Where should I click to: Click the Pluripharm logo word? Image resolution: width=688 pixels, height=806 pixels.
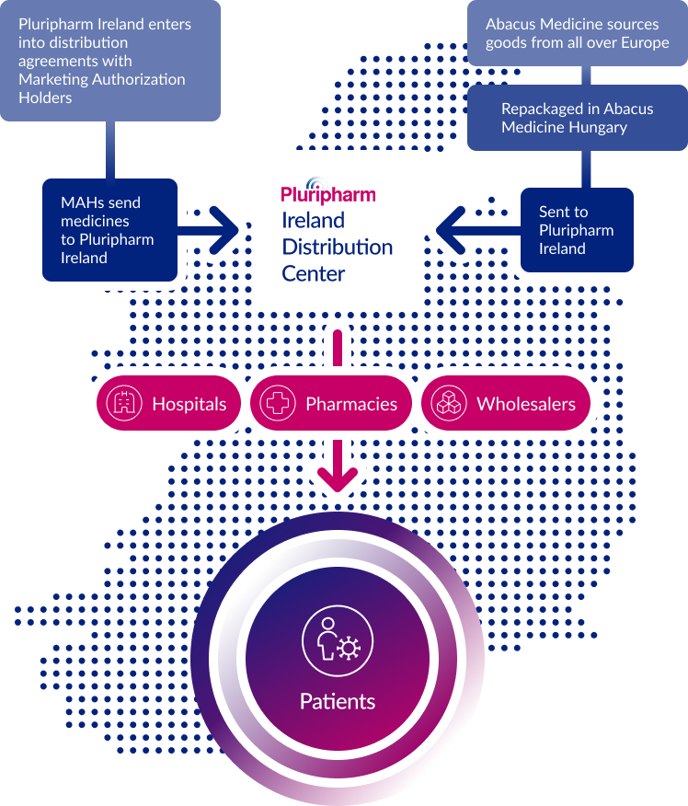(328, 193)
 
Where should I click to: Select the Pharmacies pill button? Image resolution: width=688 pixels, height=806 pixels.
(327, 404)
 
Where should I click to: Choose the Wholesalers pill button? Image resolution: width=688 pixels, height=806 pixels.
(509, 404)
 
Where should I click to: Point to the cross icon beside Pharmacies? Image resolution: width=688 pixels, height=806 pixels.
(278, 404)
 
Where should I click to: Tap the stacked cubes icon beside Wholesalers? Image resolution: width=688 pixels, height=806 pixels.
(449, 404)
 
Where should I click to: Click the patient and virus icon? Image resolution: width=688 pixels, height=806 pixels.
(337, 638)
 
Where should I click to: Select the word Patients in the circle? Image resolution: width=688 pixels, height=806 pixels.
(338, 701)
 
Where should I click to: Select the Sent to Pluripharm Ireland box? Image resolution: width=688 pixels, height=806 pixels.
(576, 230)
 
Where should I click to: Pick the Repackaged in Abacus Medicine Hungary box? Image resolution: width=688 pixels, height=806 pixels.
(577, 118)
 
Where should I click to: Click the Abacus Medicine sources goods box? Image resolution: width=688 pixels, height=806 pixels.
(577, 33)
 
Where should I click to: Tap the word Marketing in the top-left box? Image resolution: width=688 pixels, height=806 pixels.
(53, 79)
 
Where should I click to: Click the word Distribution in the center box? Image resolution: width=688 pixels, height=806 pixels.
(338, 247)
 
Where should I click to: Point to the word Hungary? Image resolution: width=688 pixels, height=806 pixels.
(597, 127)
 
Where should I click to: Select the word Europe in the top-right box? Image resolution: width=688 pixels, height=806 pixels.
(645, 42)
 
